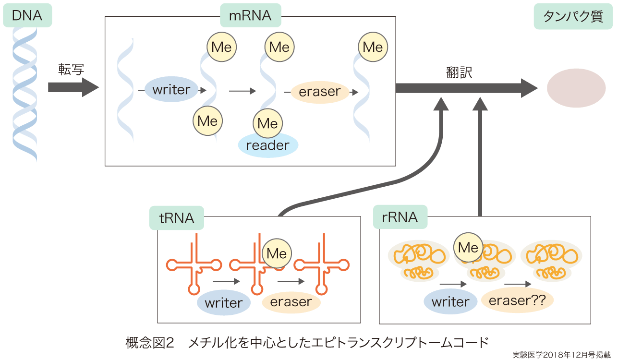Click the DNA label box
pyautogui.click(x=27, y=15)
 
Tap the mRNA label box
pyautogui.click(x=250, y=15)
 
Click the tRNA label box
pyautogui.click(x=176, y=218)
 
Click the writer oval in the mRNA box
pyautogui.click(x=171, y=89)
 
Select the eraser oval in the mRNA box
pyautogui.click(x=319, y=91)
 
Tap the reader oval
pyautogui.click(x=267, y=145)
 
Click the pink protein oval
pyautogui.click(x=576, y=88)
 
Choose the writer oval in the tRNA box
pyautogui.click(x=223, y=303)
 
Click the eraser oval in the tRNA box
pyautogui.click(x=291, y=302)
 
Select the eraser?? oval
pyautogui.click(x=517, y=300)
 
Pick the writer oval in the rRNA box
pyautogui.click(x=450, y=302)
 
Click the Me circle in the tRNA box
pyautogui.click(x=277, y=253)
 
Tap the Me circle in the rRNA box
pyautogui.click(x=468, y=247)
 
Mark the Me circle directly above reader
pyautogui.click(x=267, y=123)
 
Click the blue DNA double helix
pyautogui.click(x=25, y=91)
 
